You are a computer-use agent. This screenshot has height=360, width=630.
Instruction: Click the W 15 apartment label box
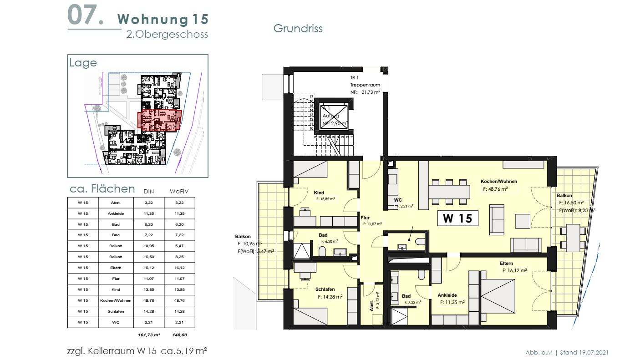point(458,218)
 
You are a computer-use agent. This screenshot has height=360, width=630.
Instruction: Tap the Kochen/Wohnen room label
point(500,181)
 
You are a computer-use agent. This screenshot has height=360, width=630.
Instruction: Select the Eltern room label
point(506,264)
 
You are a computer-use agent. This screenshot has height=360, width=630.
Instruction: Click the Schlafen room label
point(325,289)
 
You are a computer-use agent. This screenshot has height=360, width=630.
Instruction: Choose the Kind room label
point(319,192)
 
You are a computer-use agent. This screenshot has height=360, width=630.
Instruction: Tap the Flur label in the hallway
point(365,218)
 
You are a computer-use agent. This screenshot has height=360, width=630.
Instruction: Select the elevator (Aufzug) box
point(334,117)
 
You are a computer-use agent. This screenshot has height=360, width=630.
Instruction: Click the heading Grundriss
point(298,28)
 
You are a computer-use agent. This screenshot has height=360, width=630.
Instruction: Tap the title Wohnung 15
point(163,19)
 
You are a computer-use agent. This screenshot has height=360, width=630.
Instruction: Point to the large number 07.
point(85,15)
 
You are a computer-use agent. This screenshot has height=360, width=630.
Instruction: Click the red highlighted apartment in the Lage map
point(159,120)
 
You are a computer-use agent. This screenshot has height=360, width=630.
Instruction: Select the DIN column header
point(148,191)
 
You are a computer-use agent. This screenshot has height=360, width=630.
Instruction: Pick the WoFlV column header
point(178,191)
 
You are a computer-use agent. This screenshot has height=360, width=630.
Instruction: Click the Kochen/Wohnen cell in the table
point(116,300)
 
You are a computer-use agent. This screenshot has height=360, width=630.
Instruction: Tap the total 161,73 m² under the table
point(148,335)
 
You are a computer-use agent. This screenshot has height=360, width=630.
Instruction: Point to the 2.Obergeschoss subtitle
point(167,34)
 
